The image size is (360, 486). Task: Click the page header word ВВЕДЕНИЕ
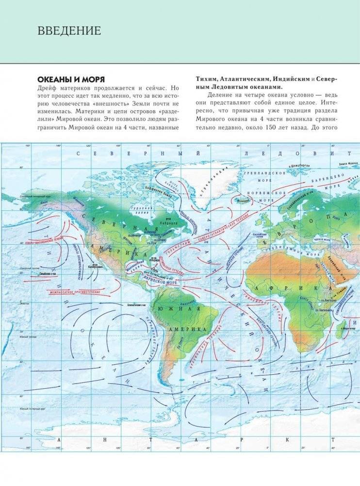tap(69, 31)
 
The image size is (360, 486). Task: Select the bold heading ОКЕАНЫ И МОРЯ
tap(71, 79)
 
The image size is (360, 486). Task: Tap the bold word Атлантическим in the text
tap(245, 79)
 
